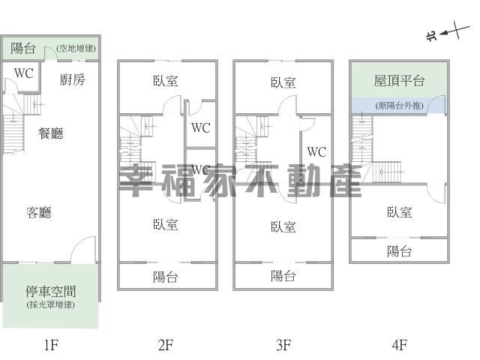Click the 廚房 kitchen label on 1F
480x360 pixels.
pos(72,79)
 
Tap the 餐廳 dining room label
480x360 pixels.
pos(51,133)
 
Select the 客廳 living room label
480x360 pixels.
pos(39,212)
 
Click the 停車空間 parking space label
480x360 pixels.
pos(51,292)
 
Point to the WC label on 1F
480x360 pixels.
pos(23,73)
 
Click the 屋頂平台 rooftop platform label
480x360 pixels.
pos(399,80)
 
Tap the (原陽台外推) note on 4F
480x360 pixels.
pos(400,106)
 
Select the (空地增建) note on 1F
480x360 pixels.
pos(76,48)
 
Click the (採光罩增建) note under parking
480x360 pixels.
pos(51,304)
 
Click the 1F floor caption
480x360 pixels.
pos(51,345)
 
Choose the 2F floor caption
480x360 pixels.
pos(166,345)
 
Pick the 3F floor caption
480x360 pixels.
pos(283,345)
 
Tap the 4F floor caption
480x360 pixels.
pos(400,345)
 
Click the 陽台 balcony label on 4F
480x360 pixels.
pos(399,251)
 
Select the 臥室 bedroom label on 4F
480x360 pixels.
pos(399,212)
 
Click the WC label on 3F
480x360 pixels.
pos(316,151)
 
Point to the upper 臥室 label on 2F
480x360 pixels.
pos(165,81)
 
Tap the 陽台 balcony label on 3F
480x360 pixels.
pos(283,276)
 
